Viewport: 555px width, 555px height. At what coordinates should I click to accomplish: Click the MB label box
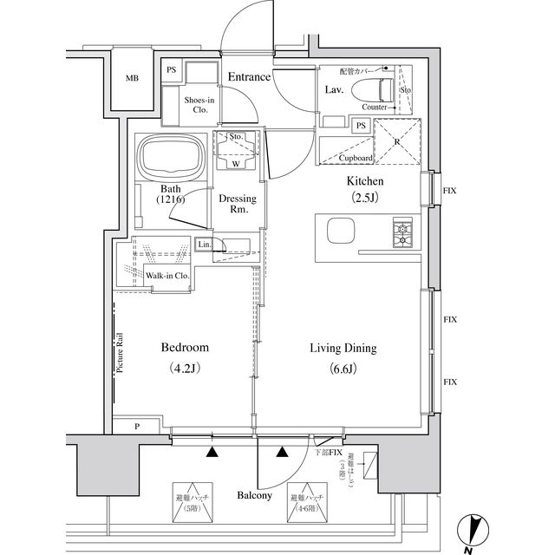tap(131, 79)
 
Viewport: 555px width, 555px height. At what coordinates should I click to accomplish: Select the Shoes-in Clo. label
tap(199, 104)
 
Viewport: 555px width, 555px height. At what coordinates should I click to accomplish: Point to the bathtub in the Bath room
tap(173, 158)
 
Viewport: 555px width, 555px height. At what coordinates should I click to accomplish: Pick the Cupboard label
tap(356, 159)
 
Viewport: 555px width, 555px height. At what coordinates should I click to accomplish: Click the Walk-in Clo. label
tap(167, 276)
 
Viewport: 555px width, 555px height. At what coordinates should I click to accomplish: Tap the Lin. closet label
tap(204, 245)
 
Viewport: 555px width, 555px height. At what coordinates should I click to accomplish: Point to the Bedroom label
tap(185, 348)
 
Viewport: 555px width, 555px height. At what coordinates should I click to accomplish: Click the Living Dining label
tap(343, 349)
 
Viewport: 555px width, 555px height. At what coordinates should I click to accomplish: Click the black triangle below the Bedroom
tap(212, 451)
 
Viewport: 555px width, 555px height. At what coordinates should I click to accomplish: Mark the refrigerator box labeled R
tap(395, 144)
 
